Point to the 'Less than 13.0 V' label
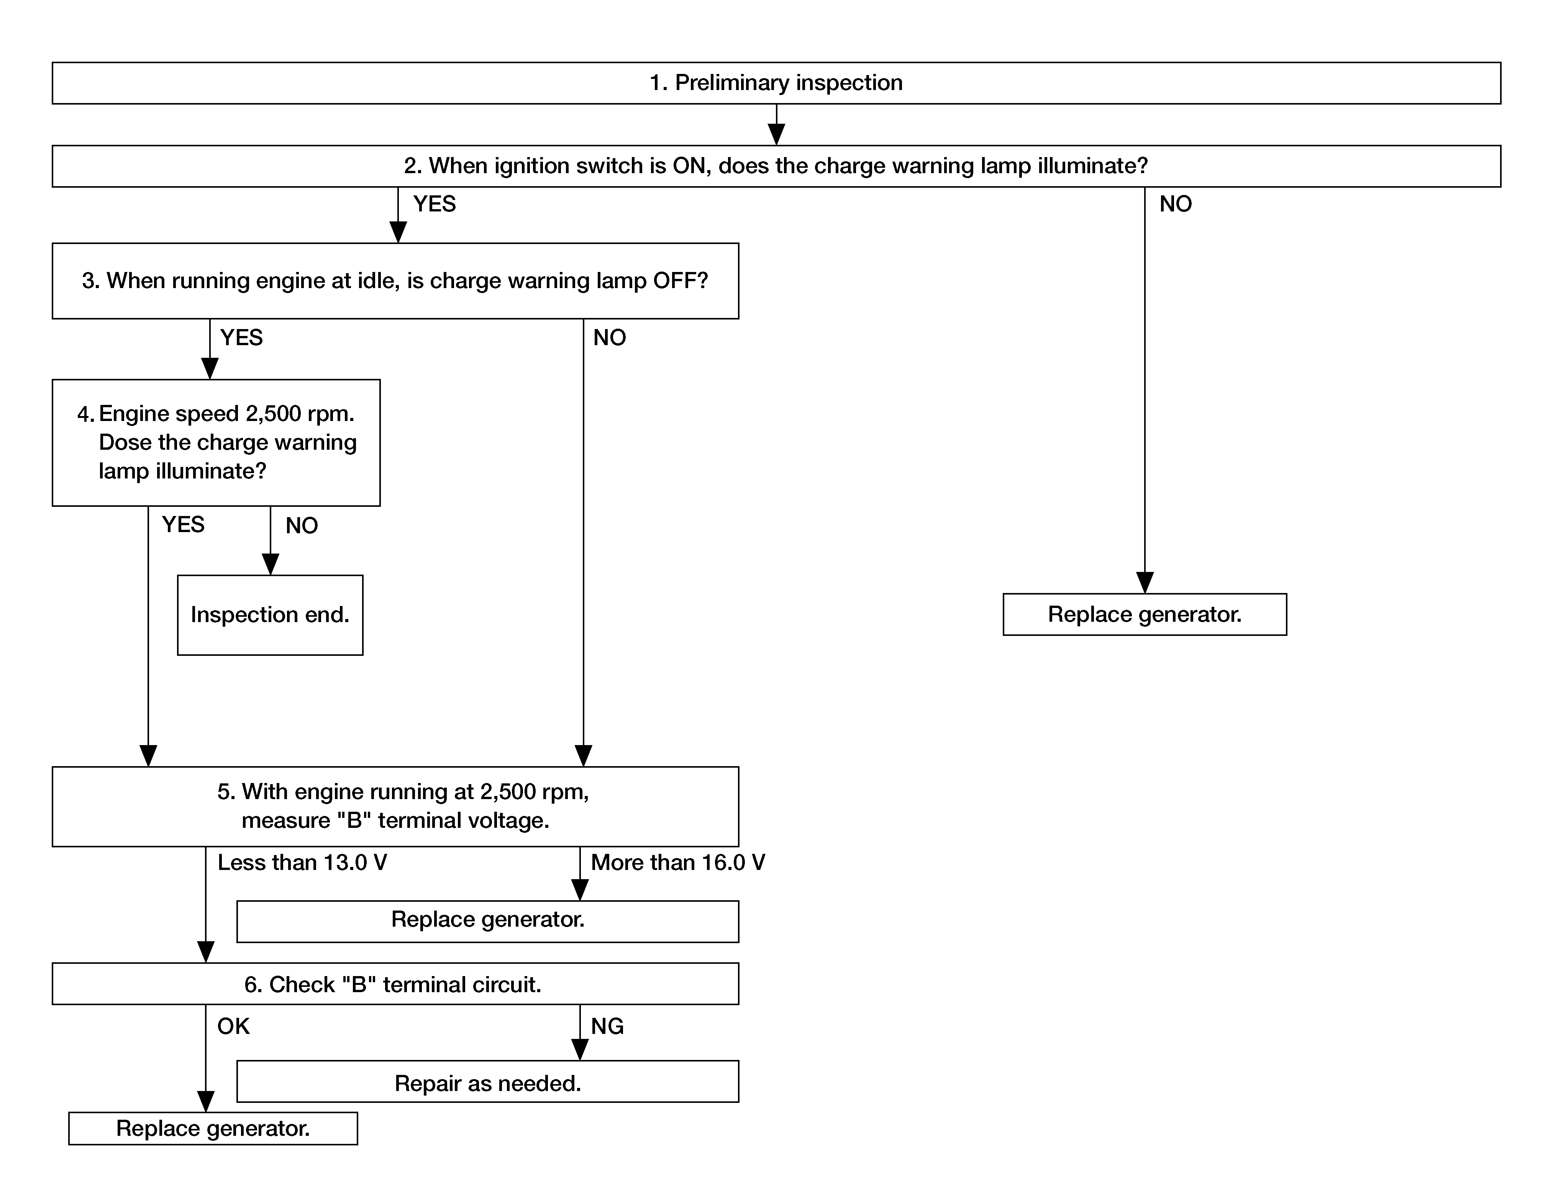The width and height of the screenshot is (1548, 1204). pos(302,862)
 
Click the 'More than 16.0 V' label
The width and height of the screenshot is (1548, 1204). pos(678,862)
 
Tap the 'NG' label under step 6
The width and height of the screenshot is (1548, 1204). pos(607,1026)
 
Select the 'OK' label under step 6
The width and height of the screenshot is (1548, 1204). pos(233,1026)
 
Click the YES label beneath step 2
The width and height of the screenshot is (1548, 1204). pos(435,204)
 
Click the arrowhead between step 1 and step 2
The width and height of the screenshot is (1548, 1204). pos(777,134)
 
